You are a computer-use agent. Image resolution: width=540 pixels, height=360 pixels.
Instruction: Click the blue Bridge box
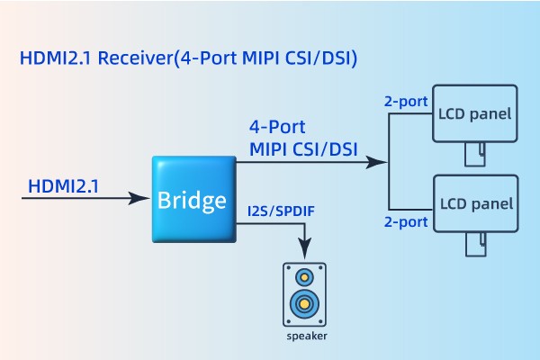point(193,199)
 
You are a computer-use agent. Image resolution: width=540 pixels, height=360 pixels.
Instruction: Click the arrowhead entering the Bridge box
point(144,198)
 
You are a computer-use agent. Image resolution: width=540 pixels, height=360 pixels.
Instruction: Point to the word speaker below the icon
point(306,337)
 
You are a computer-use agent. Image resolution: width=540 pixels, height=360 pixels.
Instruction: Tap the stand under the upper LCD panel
point(474,154)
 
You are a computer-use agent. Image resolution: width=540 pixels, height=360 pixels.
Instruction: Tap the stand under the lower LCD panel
point(474,244)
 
